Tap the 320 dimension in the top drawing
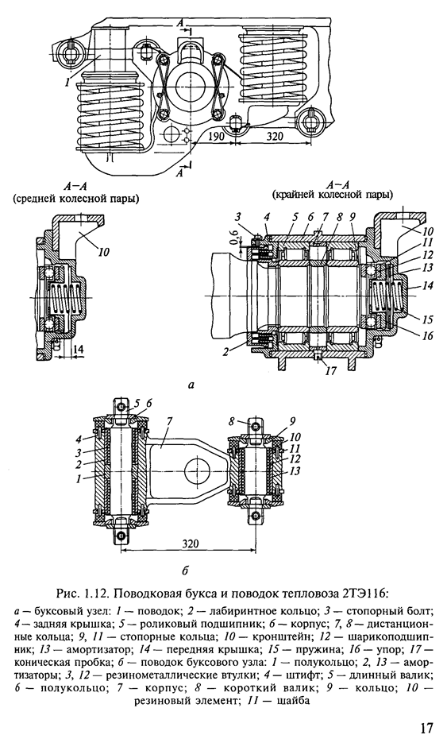point(274,136)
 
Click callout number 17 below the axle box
point(331,371)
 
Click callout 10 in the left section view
point(104,252)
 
